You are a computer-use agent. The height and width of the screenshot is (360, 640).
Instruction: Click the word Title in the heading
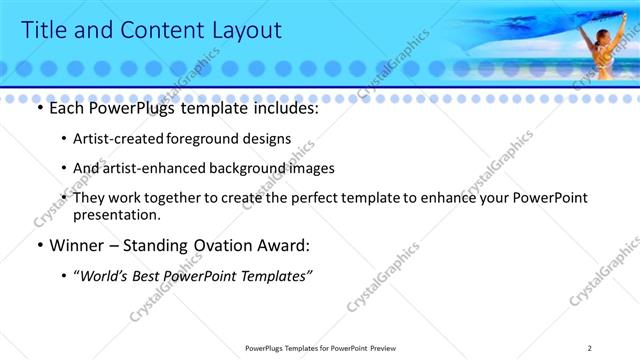pyautogui.click(x=44, y=30)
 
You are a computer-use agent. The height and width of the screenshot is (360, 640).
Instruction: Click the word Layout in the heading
pyautogui.click(x=238, y=30)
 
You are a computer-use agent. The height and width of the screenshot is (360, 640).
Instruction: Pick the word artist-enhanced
pyautogui.click(x=154, y=169)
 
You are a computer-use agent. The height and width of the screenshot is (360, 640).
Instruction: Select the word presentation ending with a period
pyautogui.click(x=116, y=215)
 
